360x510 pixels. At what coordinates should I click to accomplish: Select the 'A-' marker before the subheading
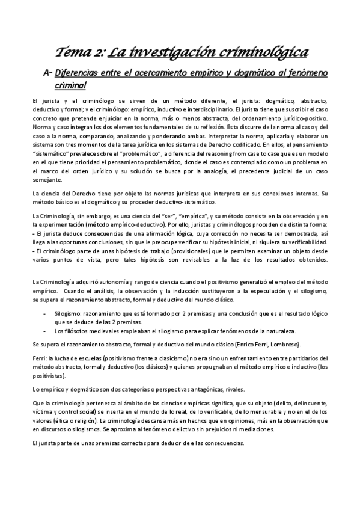(x=59, y=73)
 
